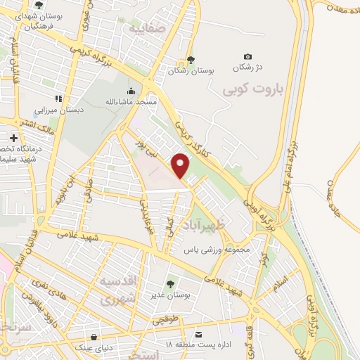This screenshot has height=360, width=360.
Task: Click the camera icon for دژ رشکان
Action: pos(247,56)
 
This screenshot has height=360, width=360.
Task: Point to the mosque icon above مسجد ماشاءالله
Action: pos(131,91)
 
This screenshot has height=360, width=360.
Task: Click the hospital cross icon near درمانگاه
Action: pos(13,137)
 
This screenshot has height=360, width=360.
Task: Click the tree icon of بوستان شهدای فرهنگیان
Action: pos(39,6)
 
